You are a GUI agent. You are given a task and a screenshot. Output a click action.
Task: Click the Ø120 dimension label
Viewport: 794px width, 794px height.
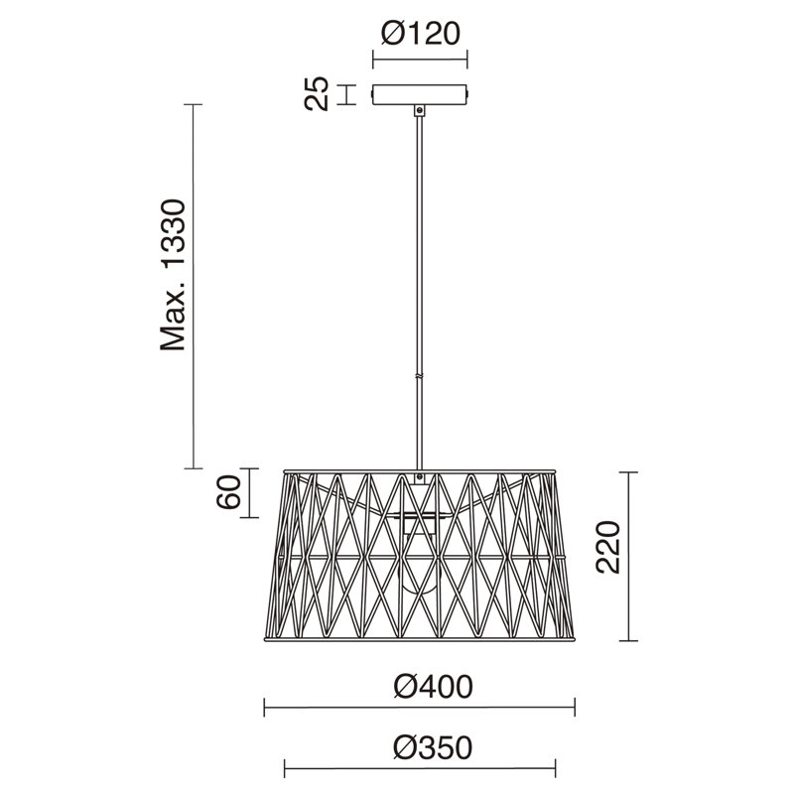click(420, 34)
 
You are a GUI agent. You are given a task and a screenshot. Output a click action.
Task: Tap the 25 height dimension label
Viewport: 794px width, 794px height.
click(317, 93)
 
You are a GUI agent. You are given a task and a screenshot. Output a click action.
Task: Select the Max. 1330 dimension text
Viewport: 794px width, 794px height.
click(174, 275)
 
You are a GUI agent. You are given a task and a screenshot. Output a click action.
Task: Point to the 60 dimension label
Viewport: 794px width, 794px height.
click(228, 491)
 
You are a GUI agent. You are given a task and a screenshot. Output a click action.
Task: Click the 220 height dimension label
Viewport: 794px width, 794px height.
click(608, 547)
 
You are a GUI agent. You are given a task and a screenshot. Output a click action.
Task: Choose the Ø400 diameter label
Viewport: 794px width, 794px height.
click(434, 687)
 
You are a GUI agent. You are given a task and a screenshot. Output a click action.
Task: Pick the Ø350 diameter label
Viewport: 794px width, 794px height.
click(433, 748)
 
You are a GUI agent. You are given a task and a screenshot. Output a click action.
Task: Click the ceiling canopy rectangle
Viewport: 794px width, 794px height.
click(419, 94)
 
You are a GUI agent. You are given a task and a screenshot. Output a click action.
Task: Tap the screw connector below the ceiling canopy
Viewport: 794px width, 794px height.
click(419, 110)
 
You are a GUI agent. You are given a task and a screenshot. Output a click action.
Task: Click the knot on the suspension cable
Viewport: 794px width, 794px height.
click(419, 377)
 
